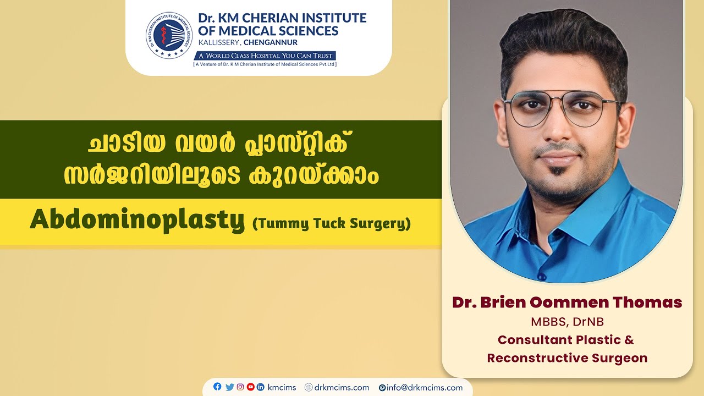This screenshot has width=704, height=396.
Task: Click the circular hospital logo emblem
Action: pyautogui.click(x=169, y=35)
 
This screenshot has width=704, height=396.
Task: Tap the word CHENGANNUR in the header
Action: pyautogui.click(x=274, y=42)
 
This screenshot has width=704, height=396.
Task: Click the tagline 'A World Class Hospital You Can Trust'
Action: pyautogui.click(x=265, y=56)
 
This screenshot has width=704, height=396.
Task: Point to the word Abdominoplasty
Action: pyautogui.click(x=137, y=221)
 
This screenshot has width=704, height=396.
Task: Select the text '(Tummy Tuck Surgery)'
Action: pyautogui.click(x=331, y=224)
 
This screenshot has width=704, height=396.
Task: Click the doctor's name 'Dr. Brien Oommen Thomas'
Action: pyautogui.click(x=567, y=302)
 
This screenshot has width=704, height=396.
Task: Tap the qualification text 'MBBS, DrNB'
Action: pyautogui.click(x=567, y=321)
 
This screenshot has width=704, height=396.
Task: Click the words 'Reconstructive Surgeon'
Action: pyautogui.click(x=567, y=358)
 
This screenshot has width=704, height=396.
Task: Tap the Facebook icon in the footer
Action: pyautogui.click(x=217, y=387)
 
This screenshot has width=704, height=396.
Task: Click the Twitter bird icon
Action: pyautogui.click(x=229, y=387)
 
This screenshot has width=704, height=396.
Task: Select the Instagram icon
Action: pyautogui.click(x=240, y=387)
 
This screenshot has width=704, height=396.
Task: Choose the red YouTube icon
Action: pyautogui.click(x=251, y=387)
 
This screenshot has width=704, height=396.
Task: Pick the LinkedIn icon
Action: pyautogui.click(x=261, y=387)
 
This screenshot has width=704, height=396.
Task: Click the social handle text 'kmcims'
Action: pyautogui.click(x=282, y=388)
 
